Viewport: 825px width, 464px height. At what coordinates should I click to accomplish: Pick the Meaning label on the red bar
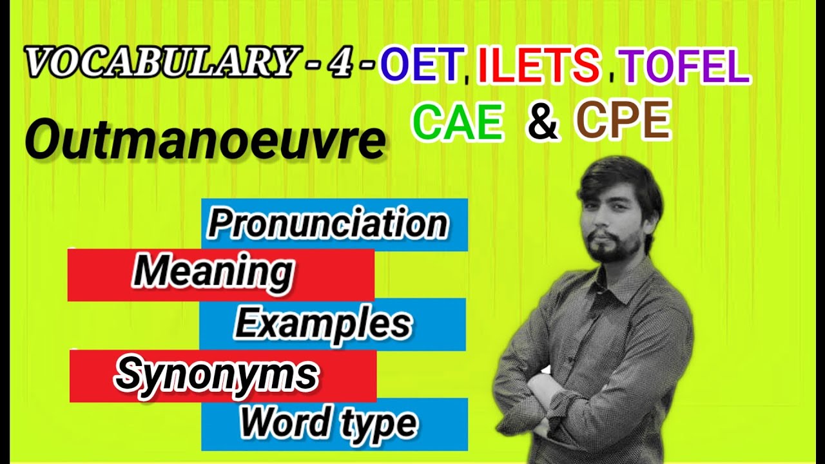pos(213,273)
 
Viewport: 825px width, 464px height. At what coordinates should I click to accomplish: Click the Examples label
pos(322,324)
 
